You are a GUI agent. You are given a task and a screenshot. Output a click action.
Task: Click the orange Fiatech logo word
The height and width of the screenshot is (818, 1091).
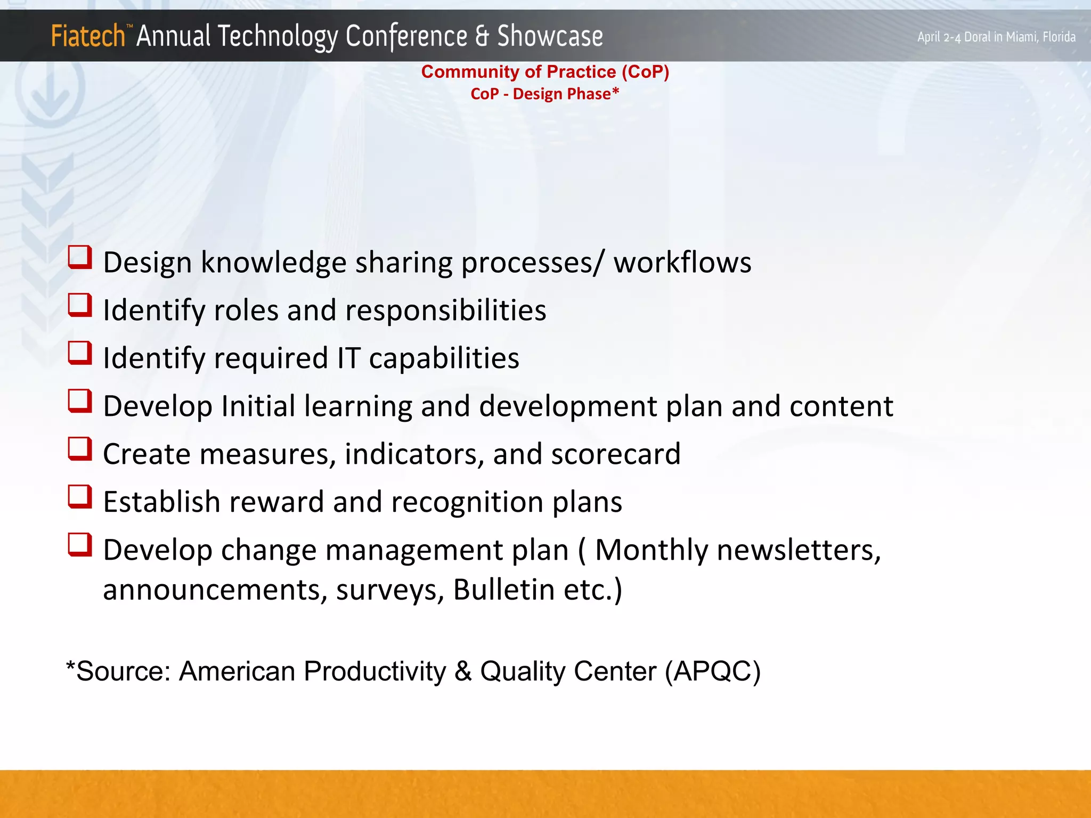[88, 36]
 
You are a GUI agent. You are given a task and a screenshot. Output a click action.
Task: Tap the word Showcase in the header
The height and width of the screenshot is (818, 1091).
[550, 36]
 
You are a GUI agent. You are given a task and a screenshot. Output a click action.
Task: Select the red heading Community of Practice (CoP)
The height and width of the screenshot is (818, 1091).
[545, 72]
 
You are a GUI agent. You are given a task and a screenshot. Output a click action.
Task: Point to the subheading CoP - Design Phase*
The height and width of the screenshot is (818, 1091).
[544, 94]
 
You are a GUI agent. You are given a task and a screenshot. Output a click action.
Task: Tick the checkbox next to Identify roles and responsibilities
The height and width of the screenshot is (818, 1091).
[80, 305]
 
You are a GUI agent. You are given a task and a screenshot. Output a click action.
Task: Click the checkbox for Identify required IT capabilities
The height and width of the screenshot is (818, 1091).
[80, 353]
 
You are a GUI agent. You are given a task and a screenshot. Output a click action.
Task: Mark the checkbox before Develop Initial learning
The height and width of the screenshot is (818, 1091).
[80, 401]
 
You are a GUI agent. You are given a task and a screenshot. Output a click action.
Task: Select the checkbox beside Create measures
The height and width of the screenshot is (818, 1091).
[80, 449]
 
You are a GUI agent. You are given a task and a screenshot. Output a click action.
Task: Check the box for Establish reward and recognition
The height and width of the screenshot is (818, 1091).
[80, 497]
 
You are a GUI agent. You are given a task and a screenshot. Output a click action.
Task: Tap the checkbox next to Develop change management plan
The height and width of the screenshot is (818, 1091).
[80, 545]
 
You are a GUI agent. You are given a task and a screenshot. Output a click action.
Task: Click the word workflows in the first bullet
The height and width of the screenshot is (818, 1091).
[682, 263]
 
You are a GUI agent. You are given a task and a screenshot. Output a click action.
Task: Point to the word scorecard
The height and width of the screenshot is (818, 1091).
[616, 454]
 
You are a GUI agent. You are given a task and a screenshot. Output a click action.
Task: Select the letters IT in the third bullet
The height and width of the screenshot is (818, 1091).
[349, 358]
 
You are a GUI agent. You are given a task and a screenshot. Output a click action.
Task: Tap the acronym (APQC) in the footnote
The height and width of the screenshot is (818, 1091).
[713, 671]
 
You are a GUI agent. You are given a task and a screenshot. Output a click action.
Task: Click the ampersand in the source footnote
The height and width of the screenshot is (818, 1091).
[463, 671]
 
